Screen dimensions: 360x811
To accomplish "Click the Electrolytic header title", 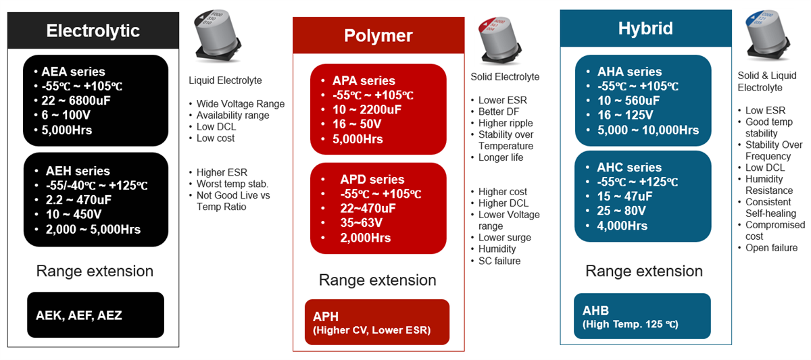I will pos(93,31).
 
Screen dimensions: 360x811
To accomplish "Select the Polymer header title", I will pos(378,36).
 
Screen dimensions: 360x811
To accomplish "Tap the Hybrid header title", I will pos(645,29).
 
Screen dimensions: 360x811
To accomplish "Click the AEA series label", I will pos(73,72).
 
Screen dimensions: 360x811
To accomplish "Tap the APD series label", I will pos(372,180).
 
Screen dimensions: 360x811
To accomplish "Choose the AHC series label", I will pos(629,168).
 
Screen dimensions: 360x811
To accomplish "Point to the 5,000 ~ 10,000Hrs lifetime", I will pos(648,130).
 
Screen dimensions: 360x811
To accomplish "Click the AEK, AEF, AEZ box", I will pos(95,315).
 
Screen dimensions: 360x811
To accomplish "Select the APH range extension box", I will pos(376,323).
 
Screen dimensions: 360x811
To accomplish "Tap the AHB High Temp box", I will pos(641,316).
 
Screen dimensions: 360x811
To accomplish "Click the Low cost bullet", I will pos(215,138).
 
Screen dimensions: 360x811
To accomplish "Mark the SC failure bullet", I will pos(499,261).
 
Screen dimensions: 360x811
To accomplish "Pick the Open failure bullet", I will pos(771,248).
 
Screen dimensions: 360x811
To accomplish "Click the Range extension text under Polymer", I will pos(377,280).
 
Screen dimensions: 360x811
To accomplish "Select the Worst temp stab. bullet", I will pos(232,184).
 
